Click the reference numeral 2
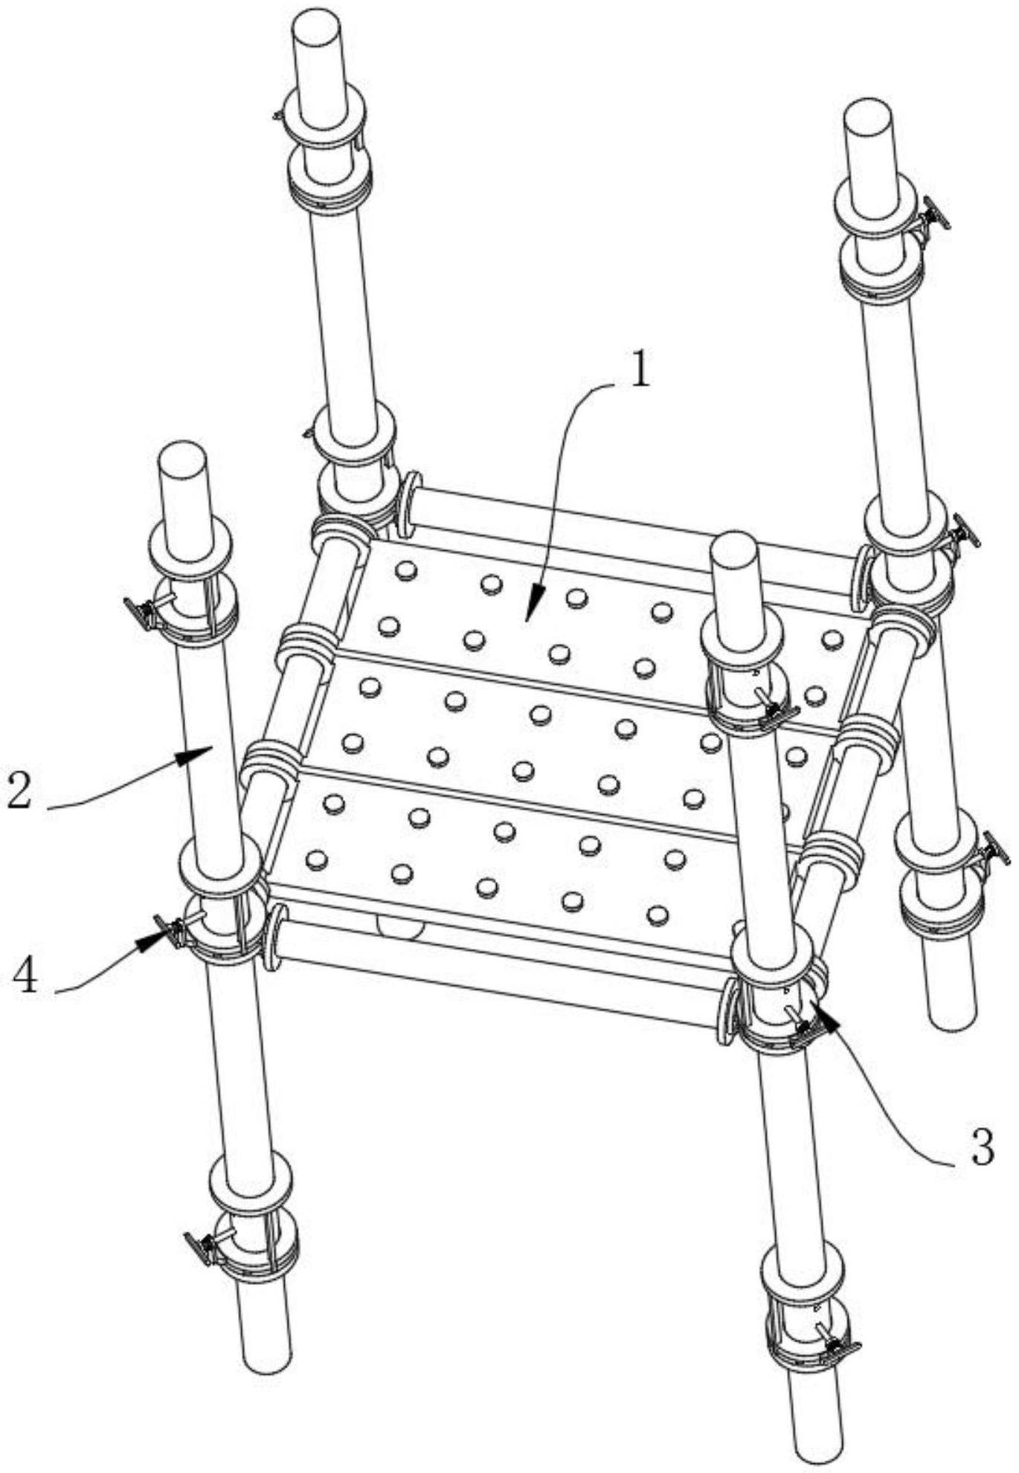[x=20, y=791]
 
